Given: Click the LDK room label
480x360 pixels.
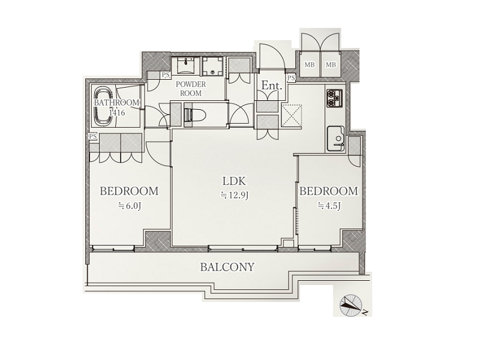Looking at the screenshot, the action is click(x=234, y=181).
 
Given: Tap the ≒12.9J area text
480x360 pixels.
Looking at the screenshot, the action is click(x=234, y=195).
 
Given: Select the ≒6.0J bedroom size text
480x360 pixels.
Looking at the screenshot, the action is click(x=130, y=206).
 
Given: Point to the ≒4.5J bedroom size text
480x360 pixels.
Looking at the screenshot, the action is click(x=329, y=205).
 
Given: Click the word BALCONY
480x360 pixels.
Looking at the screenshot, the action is click(x=227, y=267).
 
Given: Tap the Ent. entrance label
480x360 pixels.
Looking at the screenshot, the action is click(x=271, y=85).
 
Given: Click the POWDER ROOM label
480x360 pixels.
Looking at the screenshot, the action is click(x=191, y=88).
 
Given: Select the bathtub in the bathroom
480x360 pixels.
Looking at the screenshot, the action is click(x=103, y=106).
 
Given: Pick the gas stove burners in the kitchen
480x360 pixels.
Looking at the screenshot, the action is click(x=335, y=98).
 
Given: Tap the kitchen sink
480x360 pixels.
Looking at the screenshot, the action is click(x=336, y=138).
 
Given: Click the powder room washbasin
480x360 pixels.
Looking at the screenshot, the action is click(x=186, y=65).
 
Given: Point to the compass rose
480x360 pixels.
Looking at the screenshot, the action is click(x=351, y=305).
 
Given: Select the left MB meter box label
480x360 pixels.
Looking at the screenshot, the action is click(x=310, y=65).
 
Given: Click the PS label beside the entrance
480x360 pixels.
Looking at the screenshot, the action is click(x=292, y=78).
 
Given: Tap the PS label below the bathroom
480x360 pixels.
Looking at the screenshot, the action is click(x=93, y=137).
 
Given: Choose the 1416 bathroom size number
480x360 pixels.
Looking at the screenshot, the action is click(x=117, y=113).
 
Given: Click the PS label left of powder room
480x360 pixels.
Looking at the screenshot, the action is click(x=166, y=75).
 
